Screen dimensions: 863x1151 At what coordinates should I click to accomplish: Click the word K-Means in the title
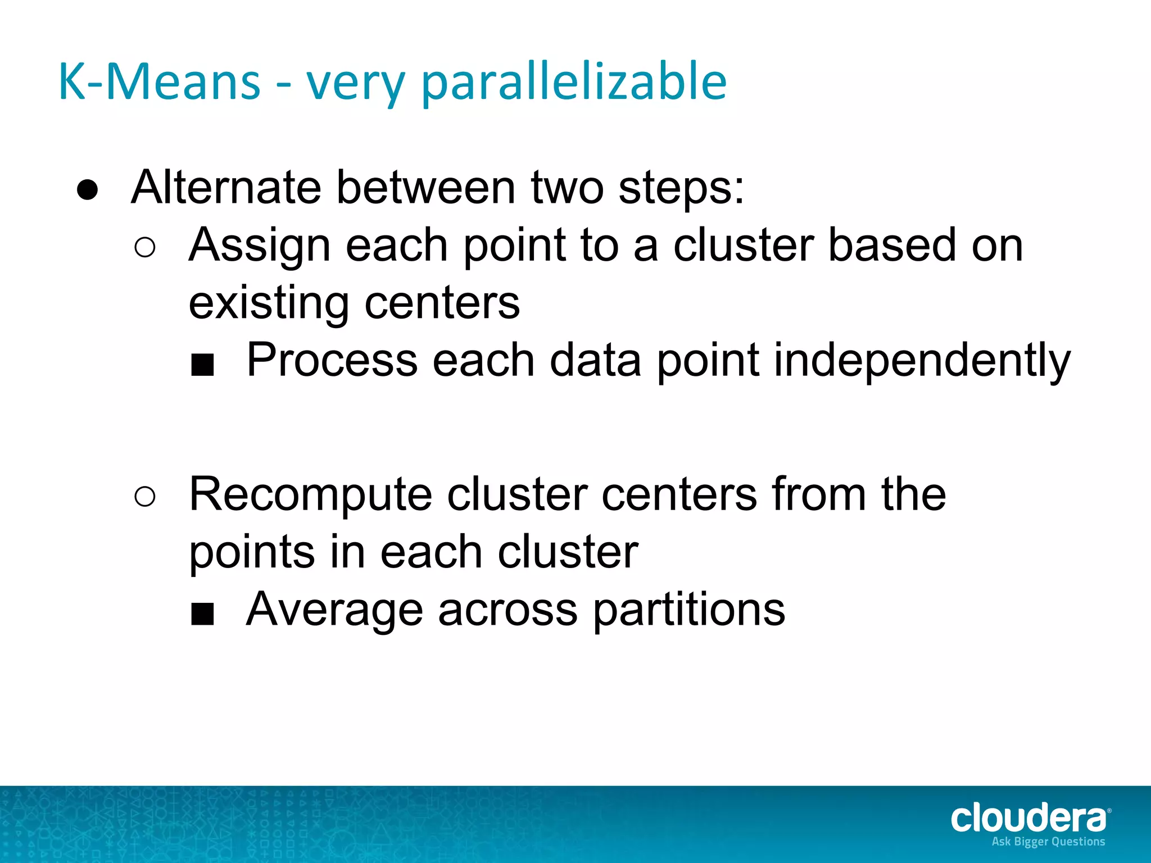coord(160,82)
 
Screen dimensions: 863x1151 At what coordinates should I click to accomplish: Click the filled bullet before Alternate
coord(88,190)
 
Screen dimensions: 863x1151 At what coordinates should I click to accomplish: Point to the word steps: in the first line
coord(681,189)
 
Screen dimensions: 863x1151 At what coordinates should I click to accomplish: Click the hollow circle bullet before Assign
coord(145,248)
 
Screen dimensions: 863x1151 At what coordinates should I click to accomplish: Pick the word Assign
coord(259,246)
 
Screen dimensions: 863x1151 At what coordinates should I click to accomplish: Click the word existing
coord(269,304)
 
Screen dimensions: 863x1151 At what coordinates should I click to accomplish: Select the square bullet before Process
coord(202,365)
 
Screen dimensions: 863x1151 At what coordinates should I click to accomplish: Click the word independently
coord(922,361)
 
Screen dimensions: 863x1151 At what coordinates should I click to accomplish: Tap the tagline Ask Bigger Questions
coord(1048,842)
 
